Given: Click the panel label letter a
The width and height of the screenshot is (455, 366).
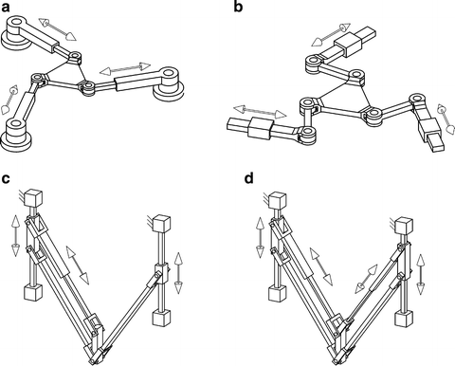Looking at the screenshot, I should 8,9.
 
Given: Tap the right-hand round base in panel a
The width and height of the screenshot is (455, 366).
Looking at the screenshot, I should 172,86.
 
